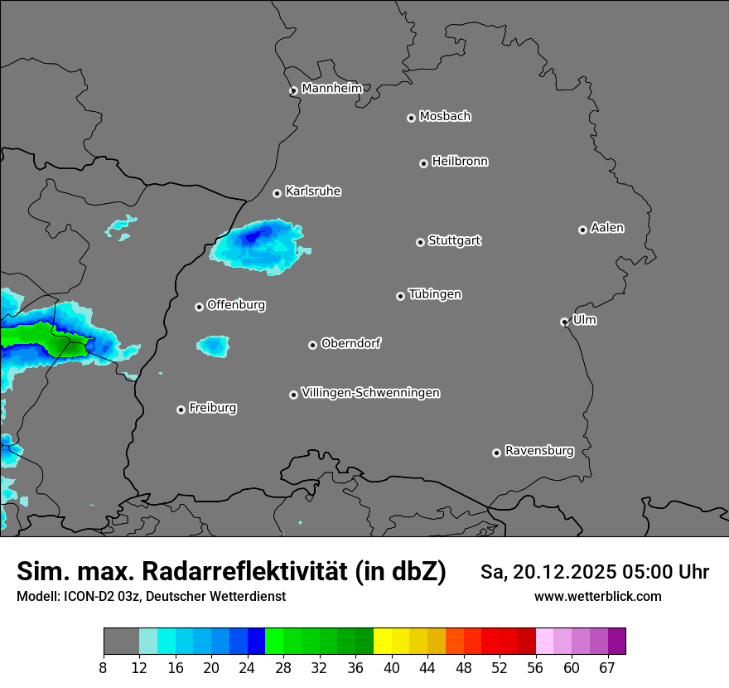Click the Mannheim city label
click(331, 88)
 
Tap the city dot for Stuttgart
click(421, 242)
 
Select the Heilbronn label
click(460, 161)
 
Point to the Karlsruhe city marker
click(278, 193)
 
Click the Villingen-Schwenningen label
click(370, 392)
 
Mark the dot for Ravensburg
click(497, 453)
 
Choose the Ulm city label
click(584, 320)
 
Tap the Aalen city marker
click(583, 230)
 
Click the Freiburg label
click(212, 407)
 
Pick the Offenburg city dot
click(200, 307)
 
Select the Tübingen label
click(435, 294)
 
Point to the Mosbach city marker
click(411, 118)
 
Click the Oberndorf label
click(350, 343)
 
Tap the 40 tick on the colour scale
click(392, 668)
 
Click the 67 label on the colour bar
click(607, 668)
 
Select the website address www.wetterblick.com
click(597, 596)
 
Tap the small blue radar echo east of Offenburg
click(214, 345)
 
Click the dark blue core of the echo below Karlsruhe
click(255, 236)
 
